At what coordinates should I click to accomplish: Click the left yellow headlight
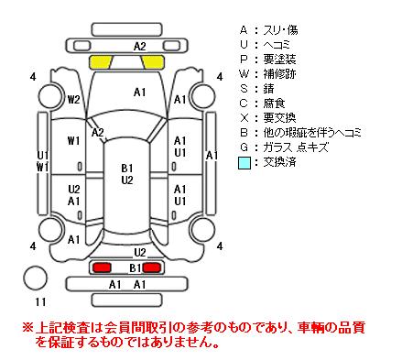tap(100, 62)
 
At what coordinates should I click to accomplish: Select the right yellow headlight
tap(153, 62)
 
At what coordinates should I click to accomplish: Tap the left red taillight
tap(102, 267)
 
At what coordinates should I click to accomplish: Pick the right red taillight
tap(152, 267)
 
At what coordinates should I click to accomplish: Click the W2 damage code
tap(73, 99)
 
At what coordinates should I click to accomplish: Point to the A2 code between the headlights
tap(140, 47)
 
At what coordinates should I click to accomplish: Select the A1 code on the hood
tap(140, 92)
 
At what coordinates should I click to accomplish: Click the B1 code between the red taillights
tap(136, 267)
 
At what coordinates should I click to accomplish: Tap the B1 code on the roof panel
tap(127, 168)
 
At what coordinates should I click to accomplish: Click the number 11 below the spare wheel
tap(40, 302)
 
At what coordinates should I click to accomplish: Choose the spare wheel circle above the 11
tap(36, 278)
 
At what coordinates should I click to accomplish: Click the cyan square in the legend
tap(244, 162)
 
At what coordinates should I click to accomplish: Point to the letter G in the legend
tap(244, 147)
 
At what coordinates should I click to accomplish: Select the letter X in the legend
tap(244, 118)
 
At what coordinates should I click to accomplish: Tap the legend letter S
tap(244, 89)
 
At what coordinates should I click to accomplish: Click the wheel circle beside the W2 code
tap(50, 95)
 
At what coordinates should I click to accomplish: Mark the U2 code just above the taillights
tap(140, 253)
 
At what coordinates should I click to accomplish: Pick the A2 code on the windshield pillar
tap(98, 132)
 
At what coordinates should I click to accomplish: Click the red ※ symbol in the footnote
tap(27, 328)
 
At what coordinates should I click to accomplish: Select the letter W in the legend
tap(244, 74)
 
